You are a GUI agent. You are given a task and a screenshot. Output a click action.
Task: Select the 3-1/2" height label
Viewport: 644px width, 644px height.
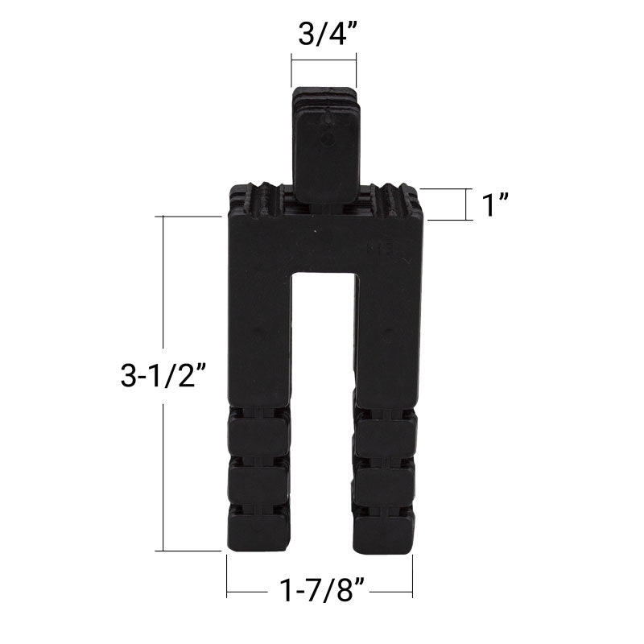point(165,375)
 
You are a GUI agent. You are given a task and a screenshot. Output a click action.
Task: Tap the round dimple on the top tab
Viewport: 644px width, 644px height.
point(326,139)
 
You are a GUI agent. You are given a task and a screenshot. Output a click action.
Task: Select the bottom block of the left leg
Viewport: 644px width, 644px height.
point(258,527)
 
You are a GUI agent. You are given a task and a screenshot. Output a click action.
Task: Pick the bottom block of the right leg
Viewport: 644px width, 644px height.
point(386,527)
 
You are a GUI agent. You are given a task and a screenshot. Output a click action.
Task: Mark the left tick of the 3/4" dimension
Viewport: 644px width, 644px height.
point(291,71)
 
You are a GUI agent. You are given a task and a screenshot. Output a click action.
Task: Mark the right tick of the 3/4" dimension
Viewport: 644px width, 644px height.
point(355,71)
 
